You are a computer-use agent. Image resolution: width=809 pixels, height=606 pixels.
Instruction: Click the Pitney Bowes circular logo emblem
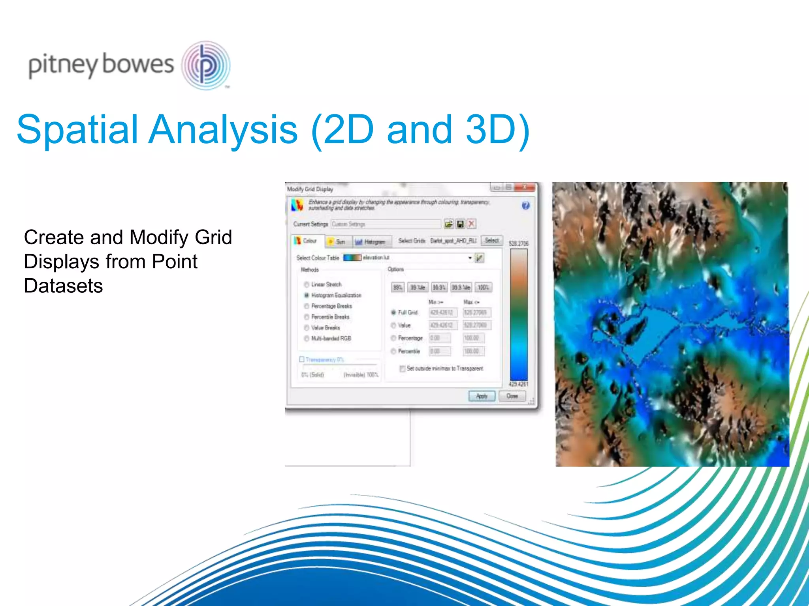(x=206, y=65)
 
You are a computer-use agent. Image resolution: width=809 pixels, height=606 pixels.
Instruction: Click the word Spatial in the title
(x=77, y=129)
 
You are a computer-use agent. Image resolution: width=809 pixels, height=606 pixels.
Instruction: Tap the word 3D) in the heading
(x=498, y=129)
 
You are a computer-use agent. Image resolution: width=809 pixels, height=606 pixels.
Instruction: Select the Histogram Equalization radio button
(x=307, y=295)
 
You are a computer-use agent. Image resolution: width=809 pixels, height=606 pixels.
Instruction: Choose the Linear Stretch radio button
(x=307, y=284)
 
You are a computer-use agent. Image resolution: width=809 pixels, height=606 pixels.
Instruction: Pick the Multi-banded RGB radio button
(x=307, y=339)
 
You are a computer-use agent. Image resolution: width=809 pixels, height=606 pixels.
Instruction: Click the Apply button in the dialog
(x=482, y=396)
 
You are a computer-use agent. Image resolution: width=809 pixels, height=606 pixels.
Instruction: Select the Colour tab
(x=307, y=241)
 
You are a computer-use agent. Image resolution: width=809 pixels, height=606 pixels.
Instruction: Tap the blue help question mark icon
(x=525, y=206)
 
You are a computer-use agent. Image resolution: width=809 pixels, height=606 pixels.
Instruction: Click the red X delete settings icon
(x=471, y=224)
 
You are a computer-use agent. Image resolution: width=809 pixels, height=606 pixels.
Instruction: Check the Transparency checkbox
(x=302, y=359)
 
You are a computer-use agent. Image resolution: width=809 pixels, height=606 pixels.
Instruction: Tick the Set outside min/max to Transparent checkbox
(x=402, y=368)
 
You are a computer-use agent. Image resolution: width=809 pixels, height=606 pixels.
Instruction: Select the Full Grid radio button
(x=393, y=312)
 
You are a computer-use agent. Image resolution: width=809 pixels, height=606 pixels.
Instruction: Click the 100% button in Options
(x=483, y=287)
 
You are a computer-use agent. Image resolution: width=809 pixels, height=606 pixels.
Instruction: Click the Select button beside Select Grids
(x=492, y=240)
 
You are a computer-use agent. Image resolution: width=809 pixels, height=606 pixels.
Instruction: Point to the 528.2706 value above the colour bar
(x=518, y=243)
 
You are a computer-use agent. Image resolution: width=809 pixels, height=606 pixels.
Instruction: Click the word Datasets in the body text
(x=64, y=286)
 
